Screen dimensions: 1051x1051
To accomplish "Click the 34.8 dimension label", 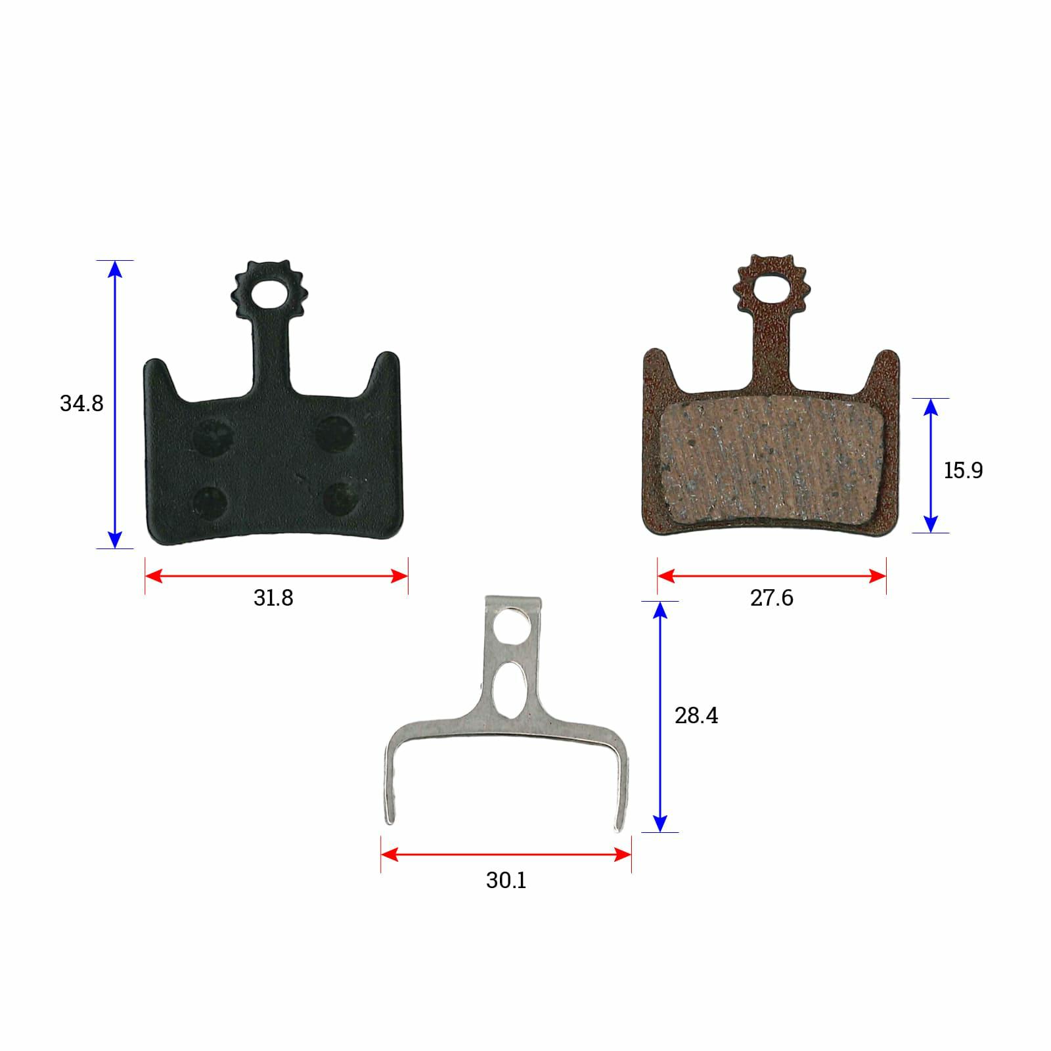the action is click(81, 403).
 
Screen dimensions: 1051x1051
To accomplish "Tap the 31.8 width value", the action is click(273, 598).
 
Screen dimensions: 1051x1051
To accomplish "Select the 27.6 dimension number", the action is click(772, 598).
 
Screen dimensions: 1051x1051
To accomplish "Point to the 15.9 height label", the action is click(963, 470).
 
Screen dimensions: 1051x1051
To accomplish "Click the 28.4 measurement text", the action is click(696, 715).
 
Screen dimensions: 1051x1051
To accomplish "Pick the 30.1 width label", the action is click(506, 880).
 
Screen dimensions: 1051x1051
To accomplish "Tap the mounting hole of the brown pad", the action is click(771, 288).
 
